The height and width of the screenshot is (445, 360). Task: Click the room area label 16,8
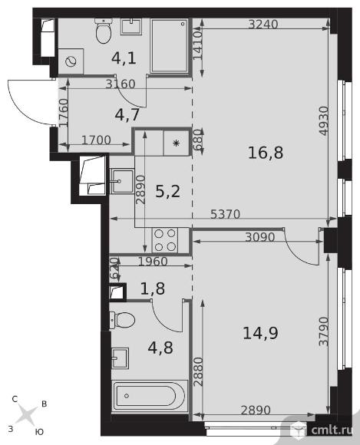point(266,153)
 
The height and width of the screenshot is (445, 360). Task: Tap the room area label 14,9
point(260,333)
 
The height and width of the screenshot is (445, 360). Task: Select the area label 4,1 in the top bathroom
point(124,58)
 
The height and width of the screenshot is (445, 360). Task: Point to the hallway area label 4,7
point(127,114)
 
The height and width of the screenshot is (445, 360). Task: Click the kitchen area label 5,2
point(168,191)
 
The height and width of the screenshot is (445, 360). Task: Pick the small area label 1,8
point(153,288)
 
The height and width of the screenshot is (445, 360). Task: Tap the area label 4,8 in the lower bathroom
point(160,348)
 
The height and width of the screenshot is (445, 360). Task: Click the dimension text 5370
point(226,214)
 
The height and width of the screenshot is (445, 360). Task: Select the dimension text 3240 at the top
point(263,25)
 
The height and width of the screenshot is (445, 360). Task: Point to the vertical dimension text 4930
point(324,120)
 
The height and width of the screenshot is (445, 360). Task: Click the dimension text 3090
point(260,237)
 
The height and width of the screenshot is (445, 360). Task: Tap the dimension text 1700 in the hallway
point(96,140)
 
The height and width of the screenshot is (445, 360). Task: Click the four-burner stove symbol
point(165,240)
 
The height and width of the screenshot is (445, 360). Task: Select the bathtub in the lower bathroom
point(150,396)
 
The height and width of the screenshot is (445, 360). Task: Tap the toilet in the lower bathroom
point(122,320)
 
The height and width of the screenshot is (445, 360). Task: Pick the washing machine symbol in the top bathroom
point(71,61)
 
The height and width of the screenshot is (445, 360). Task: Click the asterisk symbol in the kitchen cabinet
point(177,143)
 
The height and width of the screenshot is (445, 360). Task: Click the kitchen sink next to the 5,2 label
point(122,181)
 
